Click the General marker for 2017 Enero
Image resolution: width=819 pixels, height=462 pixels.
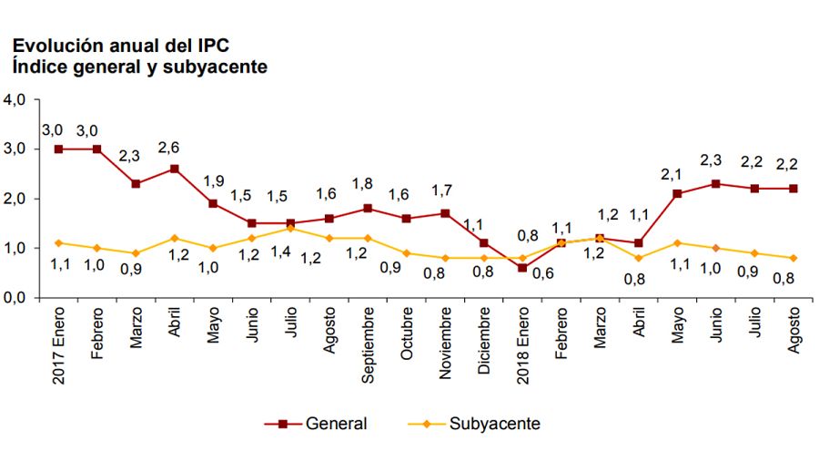click(x=58, y=149)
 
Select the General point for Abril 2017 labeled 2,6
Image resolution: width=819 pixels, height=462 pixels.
click(x=174, y=169)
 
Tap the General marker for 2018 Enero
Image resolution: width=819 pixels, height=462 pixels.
click(x=521, y=268)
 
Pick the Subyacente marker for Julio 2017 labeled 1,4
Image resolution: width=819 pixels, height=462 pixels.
click(x=289, y=228)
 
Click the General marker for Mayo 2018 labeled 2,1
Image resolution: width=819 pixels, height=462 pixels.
click(x=676, y=193)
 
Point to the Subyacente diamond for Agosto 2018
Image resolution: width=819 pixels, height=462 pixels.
click(x=792, y=258)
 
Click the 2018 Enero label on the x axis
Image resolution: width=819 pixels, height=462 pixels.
click(x=521, y=351)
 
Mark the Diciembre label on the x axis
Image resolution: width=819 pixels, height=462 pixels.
click(x=482, y=347)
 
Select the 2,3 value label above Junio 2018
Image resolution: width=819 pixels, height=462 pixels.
click(x=715, y=161)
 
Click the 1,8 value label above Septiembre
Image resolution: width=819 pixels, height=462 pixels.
click(x=367, y=185)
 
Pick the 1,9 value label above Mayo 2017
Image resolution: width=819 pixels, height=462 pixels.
click(x=212, y=180)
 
